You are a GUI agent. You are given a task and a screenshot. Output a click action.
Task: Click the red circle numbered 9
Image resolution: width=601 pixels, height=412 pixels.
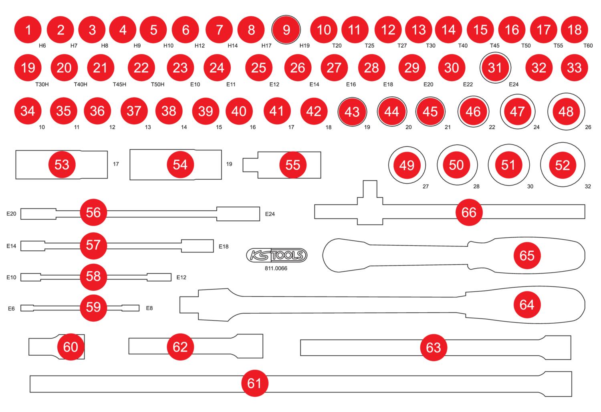coord(286,30)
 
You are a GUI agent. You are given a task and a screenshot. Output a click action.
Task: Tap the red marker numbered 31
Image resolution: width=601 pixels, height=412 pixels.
coord(495,68)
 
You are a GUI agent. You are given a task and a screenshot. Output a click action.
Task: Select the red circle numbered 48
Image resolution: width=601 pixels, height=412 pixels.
coord(566,111)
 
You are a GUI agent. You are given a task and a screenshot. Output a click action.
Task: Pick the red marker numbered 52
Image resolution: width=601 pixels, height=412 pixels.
coord(562,165)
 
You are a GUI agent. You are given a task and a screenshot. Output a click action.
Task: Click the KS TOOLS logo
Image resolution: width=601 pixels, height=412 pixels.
coord(276,255)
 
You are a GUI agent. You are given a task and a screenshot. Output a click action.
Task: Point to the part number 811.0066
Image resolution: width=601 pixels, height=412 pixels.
coord(276,268)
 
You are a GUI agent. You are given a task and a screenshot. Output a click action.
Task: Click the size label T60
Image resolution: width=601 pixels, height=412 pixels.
coord(588,46)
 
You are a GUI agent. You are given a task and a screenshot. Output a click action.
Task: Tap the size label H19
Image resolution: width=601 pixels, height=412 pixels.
coord(305,46)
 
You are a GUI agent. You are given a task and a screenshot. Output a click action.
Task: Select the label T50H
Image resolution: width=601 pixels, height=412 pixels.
coord(157,84)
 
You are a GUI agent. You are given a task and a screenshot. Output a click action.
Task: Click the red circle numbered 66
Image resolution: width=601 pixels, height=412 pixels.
coord(469,212)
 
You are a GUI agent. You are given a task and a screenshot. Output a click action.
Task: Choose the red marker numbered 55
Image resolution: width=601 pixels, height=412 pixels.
coord(293,165)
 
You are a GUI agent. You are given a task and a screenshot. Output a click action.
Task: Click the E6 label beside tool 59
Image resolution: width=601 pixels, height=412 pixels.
coord(11,308)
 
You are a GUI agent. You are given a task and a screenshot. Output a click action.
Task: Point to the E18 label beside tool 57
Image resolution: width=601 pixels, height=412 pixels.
coord(224,246)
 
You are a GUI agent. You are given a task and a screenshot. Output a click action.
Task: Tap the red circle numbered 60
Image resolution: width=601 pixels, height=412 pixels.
coord(71,347)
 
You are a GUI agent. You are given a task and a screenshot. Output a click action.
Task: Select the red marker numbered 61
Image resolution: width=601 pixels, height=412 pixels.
coord(254,383)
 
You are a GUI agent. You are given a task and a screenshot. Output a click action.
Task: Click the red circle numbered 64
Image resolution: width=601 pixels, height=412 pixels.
coord(526,305)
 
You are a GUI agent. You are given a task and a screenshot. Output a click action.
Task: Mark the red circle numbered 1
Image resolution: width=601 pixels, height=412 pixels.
coord(28,30)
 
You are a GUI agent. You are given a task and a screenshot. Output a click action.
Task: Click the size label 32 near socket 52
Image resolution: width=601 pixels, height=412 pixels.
coord(588,186)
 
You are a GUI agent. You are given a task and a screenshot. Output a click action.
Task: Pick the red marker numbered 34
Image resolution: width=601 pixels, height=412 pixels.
coord(28,111)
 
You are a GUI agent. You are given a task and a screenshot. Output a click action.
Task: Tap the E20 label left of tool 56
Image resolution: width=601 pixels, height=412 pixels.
coord(11,214)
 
